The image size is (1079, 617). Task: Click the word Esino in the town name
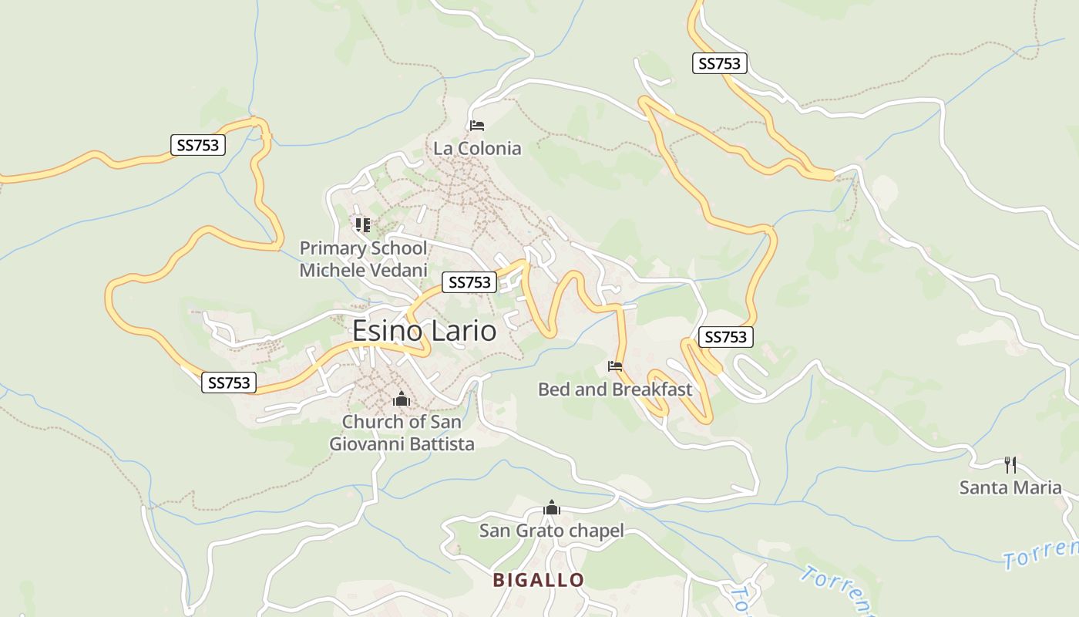pos(387,331)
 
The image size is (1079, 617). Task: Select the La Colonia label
pos(477,148)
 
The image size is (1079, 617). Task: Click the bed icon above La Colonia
pos(477,125)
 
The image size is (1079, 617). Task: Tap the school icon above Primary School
pos(363,225)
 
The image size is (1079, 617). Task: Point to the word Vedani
pos(397,271)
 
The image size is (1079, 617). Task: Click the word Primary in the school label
pos(333,248)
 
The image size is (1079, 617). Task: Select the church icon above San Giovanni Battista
pos(401,400)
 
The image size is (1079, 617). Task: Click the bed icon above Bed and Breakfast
pos(614,366)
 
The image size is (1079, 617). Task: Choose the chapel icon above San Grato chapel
pos(551,508)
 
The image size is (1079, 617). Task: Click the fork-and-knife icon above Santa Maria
pos(1010,465)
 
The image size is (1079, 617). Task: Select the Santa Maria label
pos(1010,487)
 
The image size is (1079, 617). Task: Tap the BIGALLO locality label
pos(539,580)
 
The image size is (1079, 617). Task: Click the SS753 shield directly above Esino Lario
pos(469,282)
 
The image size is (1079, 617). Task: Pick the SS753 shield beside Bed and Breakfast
pos(725,337)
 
